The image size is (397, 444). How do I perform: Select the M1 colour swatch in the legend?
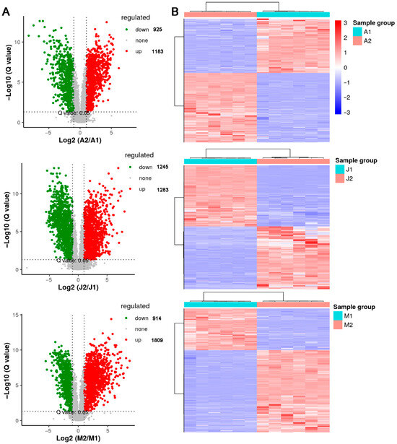[x=339, y=315]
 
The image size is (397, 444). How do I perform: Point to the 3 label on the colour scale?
[x=365, y=23]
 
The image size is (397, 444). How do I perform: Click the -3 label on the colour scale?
[x=363, y=113]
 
